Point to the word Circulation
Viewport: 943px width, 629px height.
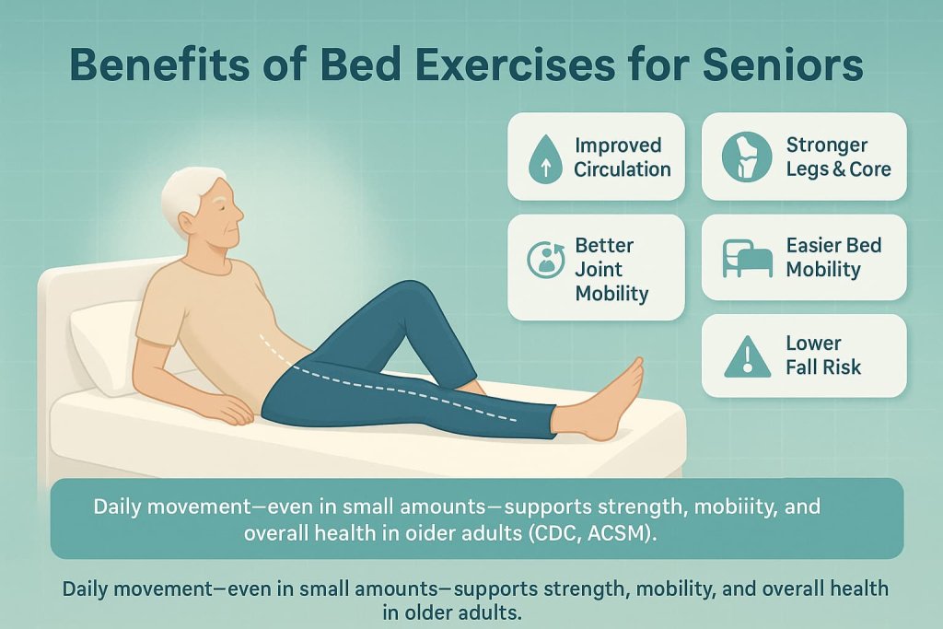623,169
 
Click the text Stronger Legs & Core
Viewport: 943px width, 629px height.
838,157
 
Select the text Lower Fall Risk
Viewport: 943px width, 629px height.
823,355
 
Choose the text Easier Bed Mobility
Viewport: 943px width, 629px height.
832,258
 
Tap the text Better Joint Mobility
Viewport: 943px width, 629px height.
611,269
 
